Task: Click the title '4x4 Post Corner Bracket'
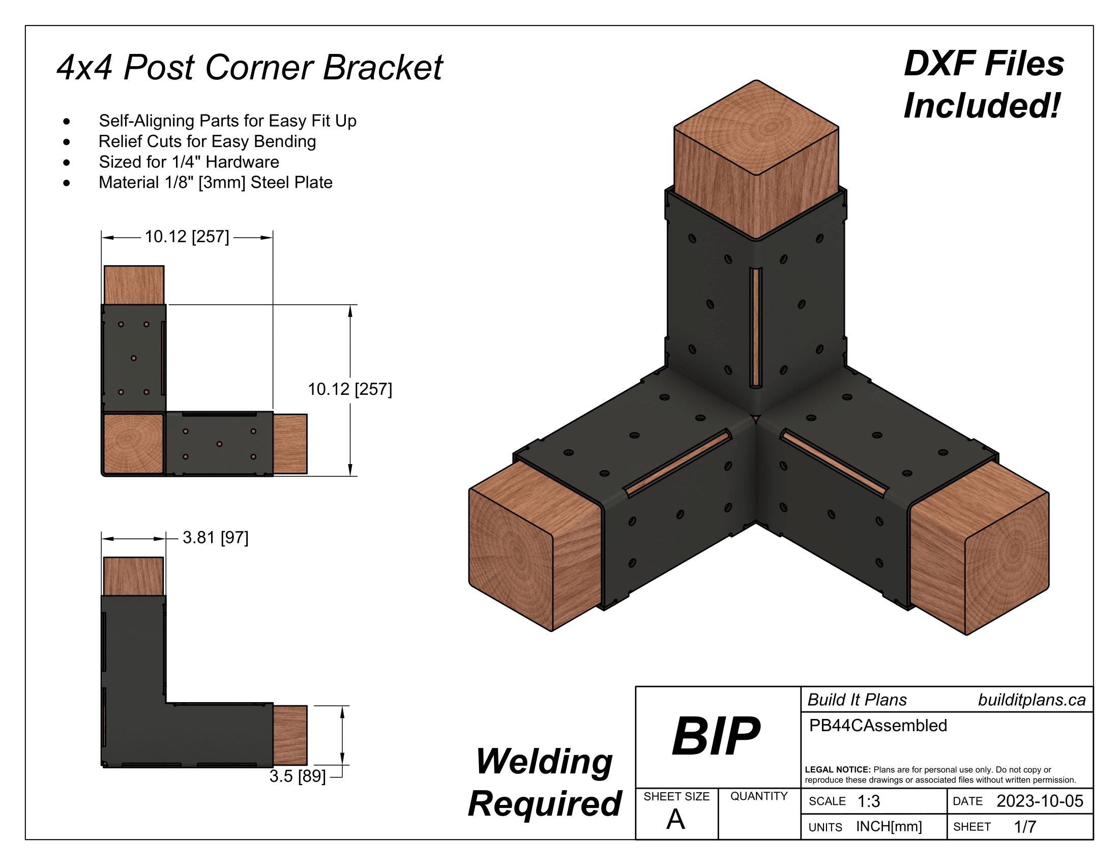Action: pos(249,68)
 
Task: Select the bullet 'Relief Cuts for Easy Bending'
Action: pos(207,141)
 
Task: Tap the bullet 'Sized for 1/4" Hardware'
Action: pos(189,162)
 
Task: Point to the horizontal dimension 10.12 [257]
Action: pos(187,237)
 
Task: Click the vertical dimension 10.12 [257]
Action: pos(350,389)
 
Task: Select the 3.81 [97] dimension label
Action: pos(215,537)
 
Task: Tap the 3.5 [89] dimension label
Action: pos(297,776)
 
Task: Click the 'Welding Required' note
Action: pos(544,783)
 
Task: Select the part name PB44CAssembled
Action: pos(878,726)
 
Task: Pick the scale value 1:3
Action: pos(868,801)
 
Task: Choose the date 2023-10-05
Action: pos(1040,801)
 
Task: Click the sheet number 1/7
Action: pos(1025,826)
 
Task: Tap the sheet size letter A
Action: pos(675,820)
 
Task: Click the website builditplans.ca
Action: pos(1032,700)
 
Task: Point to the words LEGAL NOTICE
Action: pos(837,770)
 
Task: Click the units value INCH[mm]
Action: pos(889,826)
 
